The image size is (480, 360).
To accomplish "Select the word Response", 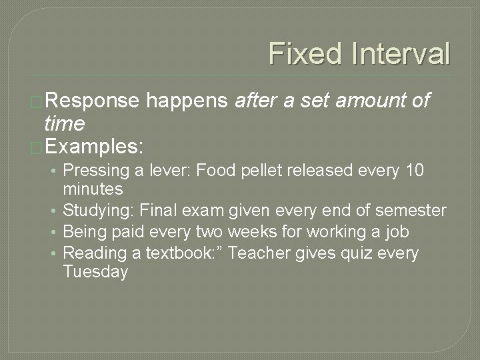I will (x=92, y=101).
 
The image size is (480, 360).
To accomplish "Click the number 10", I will (x=414, y=170).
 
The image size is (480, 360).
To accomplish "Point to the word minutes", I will (x=93, y=189).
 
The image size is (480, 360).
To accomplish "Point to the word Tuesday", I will (x=95, y=272).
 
